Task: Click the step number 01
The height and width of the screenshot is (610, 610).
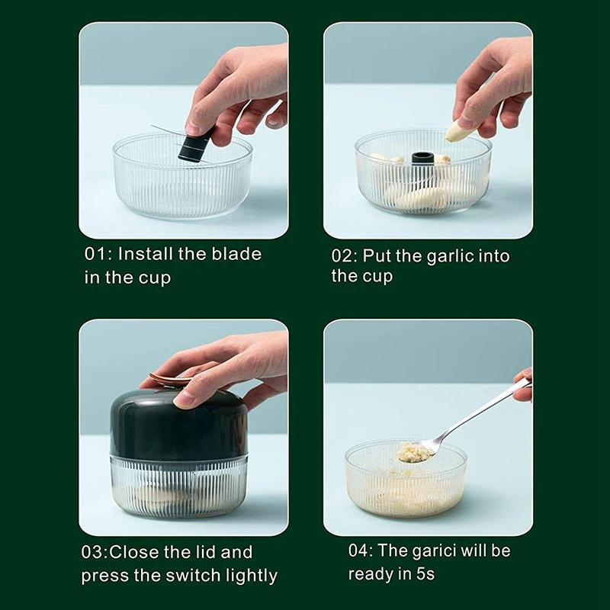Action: [95, 254]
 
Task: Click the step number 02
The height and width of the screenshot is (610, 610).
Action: [342, 256]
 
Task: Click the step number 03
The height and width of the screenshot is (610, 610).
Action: [92, 552]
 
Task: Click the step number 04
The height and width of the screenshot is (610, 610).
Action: [359, 551]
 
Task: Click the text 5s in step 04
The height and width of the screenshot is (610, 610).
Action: [425, 574]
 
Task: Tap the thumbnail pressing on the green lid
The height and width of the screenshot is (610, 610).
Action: [184, 399]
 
